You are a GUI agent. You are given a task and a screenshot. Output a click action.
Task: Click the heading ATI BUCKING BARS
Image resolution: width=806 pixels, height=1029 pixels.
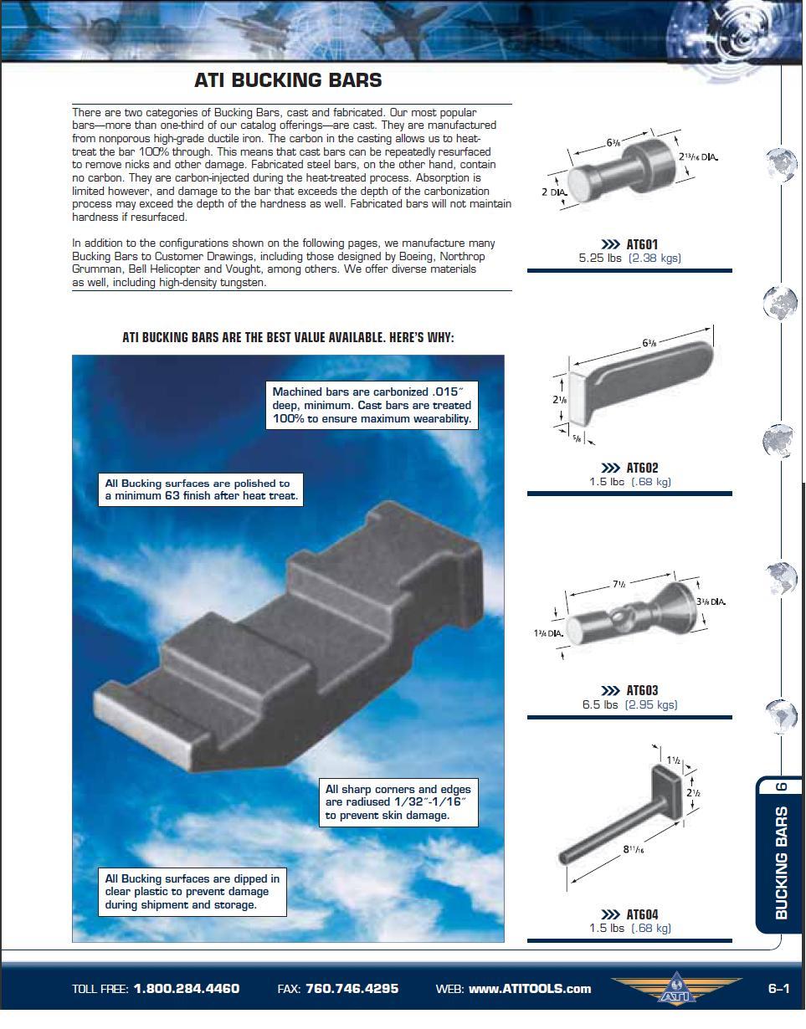(288, 80)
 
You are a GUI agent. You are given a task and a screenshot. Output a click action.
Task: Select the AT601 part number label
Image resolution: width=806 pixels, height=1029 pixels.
(642, 245)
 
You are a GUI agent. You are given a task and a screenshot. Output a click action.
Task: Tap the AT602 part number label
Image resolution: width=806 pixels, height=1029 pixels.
(642, 468)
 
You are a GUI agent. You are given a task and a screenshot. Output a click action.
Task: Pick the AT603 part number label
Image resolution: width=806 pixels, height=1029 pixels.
(642, 691)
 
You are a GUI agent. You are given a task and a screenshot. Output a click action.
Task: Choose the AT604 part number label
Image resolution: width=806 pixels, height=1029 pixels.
(642, 914)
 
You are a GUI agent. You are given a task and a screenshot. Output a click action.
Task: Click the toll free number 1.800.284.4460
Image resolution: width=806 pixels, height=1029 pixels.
(186, 989)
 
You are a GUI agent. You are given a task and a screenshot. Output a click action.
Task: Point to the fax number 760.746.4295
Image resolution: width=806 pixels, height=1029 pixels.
(352, 989)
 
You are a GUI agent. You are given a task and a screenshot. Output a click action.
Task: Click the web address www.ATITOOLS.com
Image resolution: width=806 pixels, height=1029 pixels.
(529, 989)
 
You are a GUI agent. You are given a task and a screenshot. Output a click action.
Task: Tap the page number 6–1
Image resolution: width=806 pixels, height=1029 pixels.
(778, 989)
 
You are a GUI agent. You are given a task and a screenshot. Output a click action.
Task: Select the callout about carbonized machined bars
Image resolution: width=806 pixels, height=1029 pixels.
(372, 405)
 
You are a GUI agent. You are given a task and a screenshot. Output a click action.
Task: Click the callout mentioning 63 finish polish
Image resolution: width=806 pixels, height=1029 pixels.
(200, 489)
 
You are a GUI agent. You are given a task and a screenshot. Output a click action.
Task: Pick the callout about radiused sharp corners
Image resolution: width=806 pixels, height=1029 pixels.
(398, 802)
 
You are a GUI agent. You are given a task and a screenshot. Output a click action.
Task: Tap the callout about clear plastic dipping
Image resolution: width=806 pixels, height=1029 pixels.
(193, 892)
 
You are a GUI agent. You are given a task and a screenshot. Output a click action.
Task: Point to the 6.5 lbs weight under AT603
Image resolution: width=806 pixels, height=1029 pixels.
(600, 704)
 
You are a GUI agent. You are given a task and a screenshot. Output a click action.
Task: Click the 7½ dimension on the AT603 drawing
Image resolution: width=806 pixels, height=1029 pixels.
(619, 585)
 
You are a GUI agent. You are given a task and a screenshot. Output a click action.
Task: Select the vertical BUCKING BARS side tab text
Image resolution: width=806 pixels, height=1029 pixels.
(781, 863)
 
